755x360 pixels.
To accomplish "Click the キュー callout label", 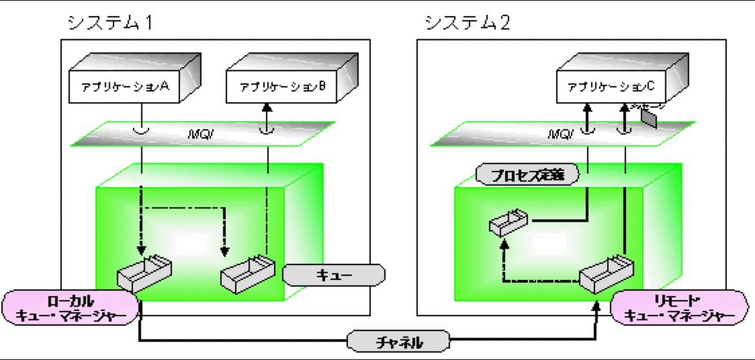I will click(334, 274).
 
